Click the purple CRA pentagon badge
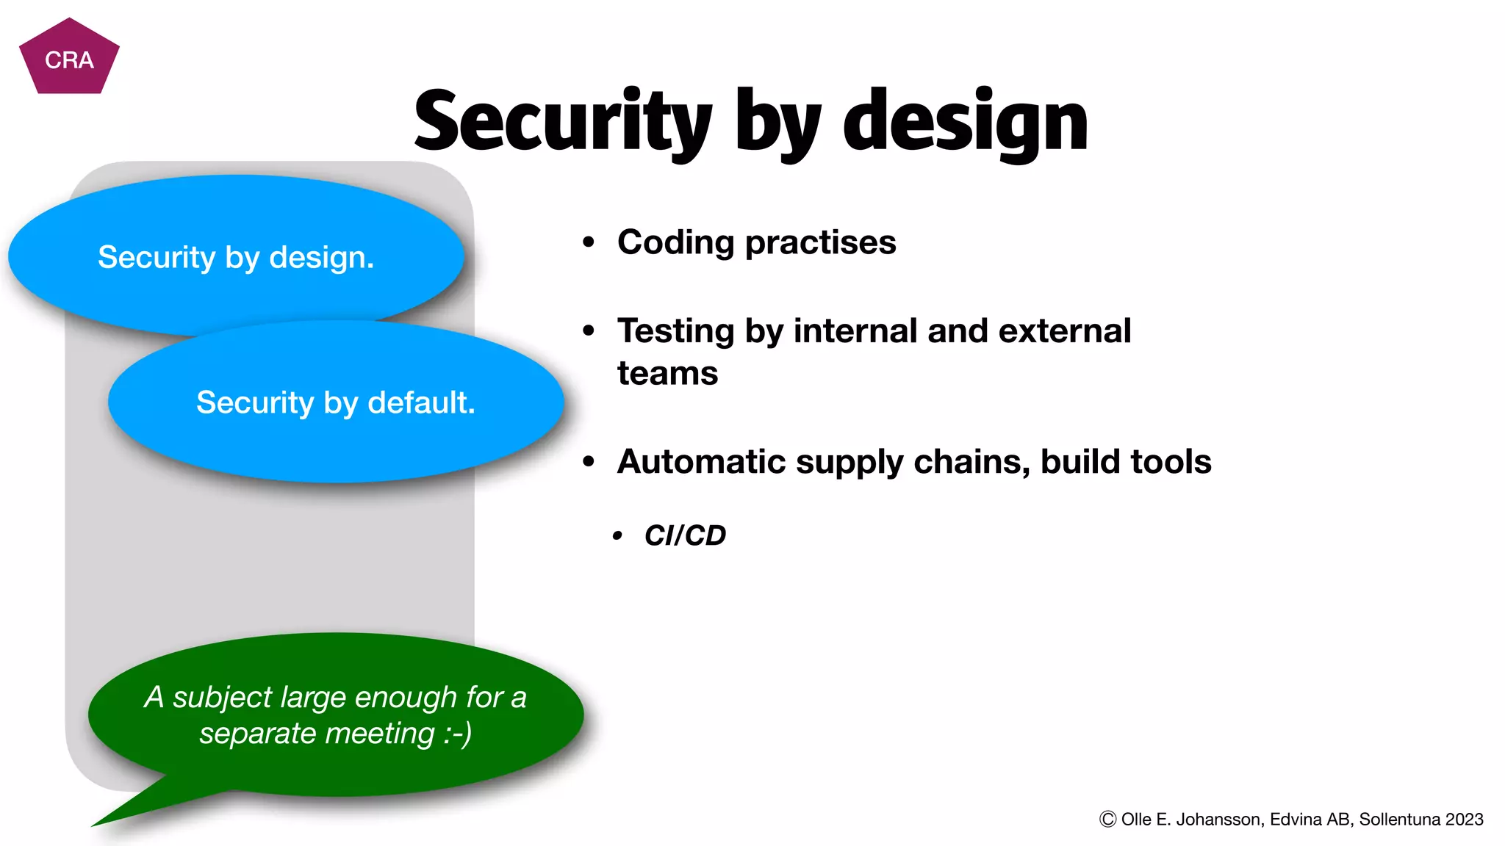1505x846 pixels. click(69, 59)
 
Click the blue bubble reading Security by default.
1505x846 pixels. click(336, 402)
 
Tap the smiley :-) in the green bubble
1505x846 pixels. click(457, 734)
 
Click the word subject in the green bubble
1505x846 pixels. click(222, 697)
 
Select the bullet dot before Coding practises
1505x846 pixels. click(588, 242)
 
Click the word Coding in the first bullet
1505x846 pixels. click(675, 242)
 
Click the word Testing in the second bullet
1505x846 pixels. click(675, 331)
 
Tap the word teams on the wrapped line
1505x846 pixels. click(667, 373)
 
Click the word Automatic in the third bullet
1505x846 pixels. click(701, 462)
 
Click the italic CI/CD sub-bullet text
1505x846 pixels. click(685, 535)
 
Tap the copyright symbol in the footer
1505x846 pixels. click(1107, 820)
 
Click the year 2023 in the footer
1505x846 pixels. click(1464, 820)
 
